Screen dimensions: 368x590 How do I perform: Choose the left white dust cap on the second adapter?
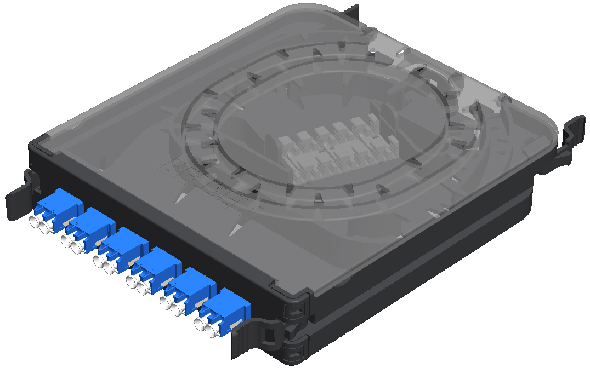[67, 242]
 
